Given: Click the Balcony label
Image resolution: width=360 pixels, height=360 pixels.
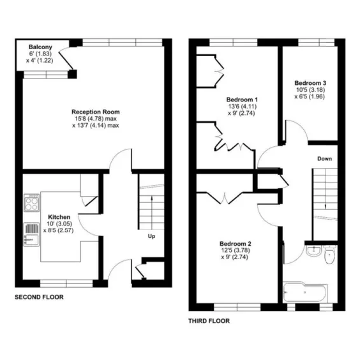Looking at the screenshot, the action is [40, 47].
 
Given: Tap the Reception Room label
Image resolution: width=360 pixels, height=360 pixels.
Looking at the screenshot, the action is [96, 112].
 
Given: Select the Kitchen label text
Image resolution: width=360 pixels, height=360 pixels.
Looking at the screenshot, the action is [59, 217].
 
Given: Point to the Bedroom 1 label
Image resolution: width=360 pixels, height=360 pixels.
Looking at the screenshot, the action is [242, 100].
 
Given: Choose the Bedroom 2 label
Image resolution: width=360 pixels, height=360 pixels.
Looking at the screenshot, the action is [236, 244].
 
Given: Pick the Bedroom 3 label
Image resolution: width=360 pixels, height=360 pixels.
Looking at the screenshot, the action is [310, 83].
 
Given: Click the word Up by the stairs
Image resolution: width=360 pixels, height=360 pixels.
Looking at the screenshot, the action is [151, 236].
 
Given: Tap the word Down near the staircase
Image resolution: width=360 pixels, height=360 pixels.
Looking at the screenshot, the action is [324, 159].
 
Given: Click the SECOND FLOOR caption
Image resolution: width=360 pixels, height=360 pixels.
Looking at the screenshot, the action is [39, 297].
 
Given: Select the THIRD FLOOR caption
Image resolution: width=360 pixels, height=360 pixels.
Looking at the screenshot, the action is [209, 321].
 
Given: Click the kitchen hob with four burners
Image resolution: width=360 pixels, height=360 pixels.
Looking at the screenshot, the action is [31, 203].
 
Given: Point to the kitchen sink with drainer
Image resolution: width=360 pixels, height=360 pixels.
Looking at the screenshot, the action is [31, 234].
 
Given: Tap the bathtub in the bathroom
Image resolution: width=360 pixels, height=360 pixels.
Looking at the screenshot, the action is [305, 292].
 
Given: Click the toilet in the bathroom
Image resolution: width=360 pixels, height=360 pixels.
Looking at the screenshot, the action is [329, 255].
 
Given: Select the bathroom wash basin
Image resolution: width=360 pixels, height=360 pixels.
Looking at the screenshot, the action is [313, 250].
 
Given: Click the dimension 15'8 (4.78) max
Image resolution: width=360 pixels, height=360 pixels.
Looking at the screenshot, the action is [96, 119].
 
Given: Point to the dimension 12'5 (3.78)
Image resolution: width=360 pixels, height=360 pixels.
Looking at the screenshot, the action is [236, 250].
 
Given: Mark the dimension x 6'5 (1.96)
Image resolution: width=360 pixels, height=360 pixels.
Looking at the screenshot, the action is [310, 96].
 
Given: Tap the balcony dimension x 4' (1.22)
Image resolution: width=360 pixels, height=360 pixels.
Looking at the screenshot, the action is [40, 61].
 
